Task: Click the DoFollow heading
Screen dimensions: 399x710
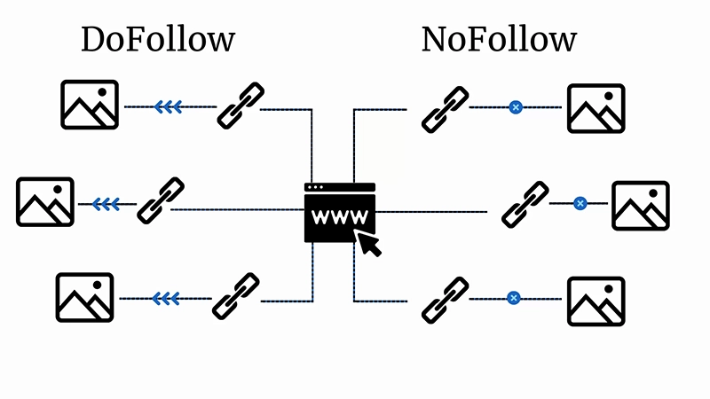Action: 158,40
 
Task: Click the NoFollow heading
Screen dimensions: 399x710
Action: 499,40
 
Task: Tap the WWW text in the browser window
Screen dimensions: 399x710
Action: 340,215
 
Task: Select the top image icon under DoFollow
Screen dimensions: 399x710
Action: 90,105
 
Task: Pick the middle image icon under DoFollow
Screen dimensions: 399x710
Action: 45,202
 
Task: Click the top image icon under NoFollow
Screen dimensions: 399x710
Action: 596,107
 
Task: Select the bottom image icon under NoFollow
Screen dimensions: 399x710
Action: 596,300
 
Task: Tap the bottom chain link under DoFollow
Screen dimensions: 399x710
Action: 237,296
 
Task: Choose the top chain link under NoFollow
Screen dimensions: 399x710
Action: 445,108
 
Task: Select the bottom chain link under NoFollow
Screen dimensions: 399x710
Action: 445,299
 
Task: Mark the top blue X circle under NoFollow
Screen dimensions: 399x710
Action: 515,107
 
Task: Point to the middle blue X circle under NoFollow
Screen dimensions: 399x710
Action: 580,203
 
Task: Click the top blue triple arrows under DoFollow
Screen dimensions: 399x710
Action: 169,107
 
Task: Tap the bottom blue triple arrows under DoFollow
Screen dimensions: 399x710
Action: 166,299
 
